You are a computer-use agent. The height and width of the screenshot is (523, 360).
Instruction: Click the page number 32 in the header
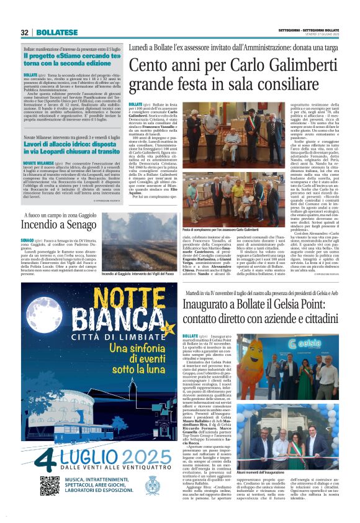pyautogui.click(x=25, y=32)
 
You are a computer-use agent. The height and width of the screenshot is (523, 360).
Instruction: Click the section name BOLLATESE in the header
pyautogui.click(x=56, y=32)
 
